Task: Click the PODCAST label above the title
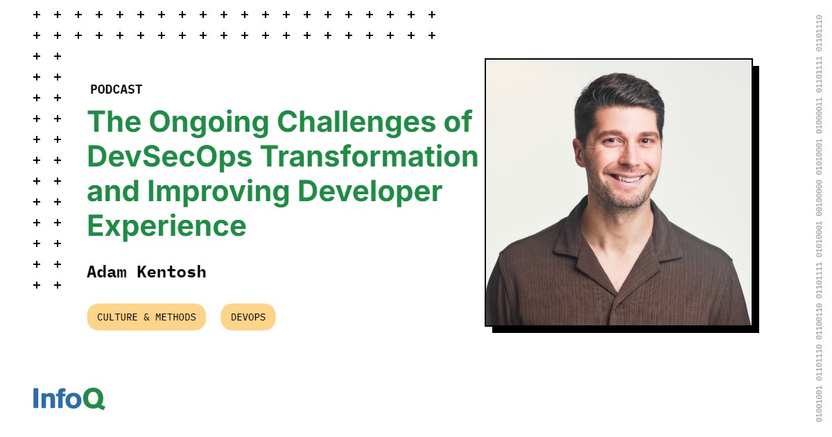coord(116,89)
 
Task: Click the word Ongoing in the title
coord(209,123)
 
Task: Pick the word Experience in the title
coord(166,226)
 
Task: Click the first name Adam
coord(107,272)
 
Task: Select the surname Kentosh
coord(171,272)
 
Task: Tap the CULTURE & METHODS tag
coord(146,317)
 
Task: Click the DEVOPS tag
coord(248,317)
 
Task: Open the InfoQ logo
coord(69,398)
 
